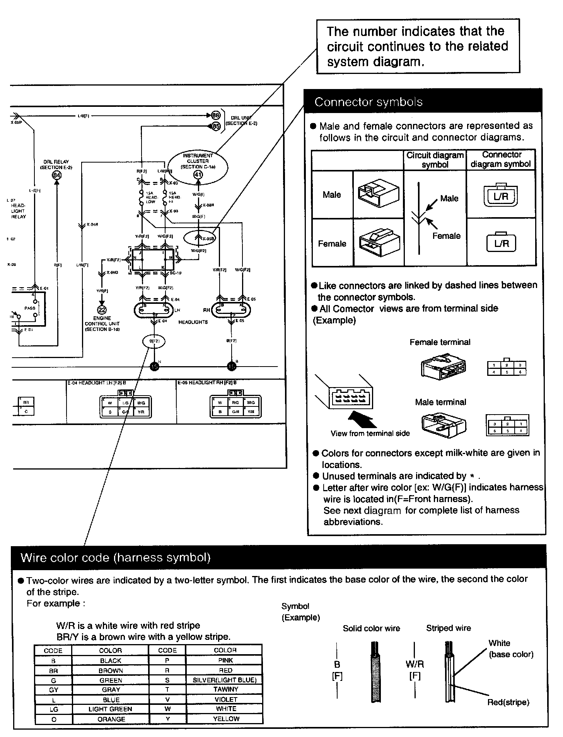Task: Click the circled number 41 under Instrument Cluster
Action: (198, 175)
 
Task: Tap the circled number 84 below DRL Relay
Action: (57, 175)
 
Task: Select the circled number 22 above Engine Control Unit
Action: (102, 310)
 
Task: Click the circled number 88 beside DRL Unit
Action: (216, 115)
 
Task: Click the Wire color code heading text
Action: (115, 557)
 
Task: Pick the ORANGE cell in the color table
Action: (111, 719)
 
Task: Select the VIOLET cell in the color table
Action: (225, 699)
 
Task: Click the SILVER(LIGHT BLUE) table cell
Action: (225, 680)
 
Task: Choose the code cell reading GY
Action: (53, 690)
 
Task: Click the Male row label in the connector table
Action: (332, 195)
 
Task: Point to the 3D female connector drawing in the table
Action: (379, 243)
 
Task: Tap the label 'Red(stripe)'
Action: (508, 703)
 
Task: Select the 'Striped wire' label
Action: (449, 628)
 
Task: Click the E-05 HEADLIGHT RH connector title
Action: (207, 382)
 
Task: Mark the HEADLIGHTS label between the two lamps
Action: (193, 322)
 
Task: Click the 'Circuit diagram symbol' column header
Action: (435, 159)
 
